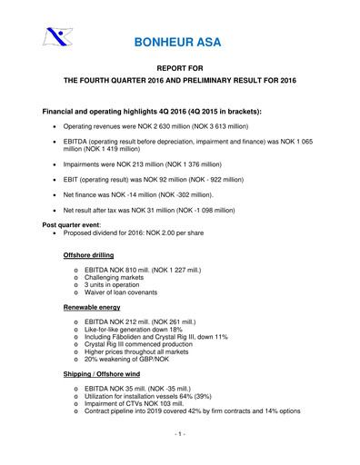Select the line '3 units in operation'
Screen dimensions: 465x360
111,283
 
